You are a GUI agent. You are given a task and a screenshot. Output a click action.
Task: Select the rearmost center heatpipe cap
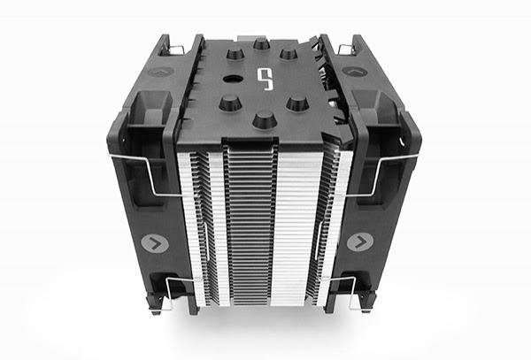coord(261,43)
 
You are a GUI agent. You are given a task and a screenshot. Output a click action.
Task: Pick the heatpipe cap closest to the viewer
coord(263,119)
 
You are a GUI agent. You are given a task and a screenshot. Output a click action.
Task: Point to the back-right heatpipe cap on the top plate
coord(288,54)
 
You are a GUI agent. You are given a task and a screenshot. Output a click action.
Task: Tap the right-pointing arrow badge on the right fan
coord(358,241)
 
